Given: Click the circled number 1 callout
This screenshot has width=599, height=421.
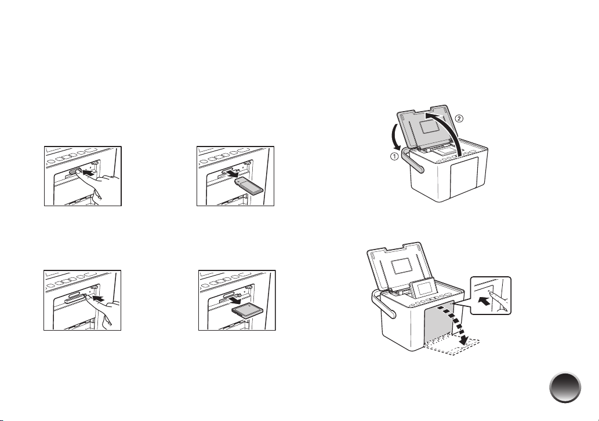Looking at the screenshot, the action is [394, 156].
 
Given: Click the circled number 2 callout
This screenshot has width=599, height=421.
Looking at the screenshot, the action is [459, 118].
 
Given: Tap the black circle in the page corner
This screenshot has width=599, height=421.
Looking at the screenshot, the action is [565, 387].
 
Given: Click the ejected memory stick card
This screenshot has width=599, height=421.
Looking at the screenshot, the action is [248, 186].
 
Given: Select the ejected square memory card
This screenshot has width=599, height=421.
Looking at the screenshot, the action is [247, 311].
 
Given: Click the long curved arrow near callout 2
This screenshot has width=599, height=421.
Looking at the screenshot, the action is [450, 129].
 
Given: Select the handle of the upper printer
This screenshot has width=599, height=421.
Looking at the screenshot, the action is [413, 160].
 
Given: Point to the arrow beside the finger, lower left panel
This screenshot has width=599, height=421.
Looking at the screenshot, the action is [99, 296].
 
